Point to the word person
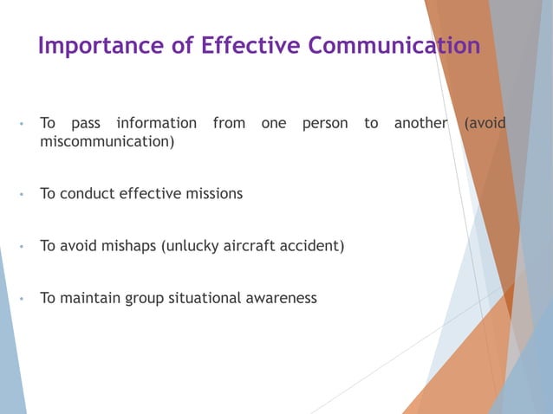click(x=325, y=124)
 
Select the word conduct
click(x=90, y=194)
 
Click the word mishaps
click(x=128, y=246)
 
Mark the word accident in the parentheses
click(x=315, y=246)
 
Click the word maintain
click(x=92, y=298)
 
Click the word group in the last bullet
click(x=148, y=299)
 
